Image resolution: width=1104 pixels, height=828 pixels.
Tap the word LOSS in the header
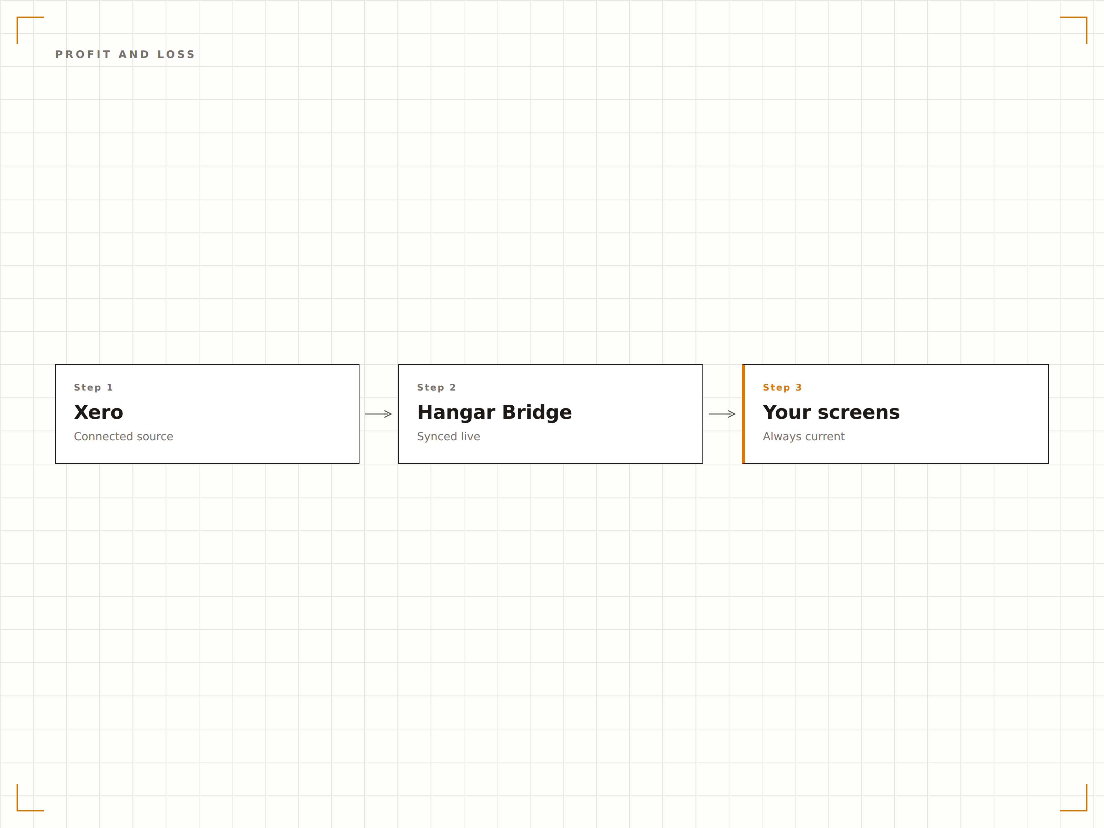pos(176,55)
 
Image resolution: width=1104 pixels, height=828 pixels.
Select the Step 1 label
pos(93,387)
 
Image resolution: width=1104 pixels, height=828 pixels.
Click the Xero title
pos(98,412)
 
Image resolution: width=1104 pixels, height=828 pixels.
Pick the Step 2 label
pos(436,387)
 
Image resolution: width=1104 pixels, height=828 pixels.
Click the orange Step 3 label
pos(782,387)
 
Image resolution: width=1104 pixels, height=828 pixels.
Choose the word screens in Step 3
pos(858,413)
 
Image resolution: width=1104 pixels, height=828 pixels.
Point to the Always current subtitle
pos(804,437)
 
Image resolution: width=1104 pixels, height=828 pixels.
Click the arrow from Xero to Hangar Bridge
pos(378,414)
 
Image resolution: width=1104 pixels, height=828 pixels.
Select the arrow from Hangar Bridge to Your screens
pos(722,414)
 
